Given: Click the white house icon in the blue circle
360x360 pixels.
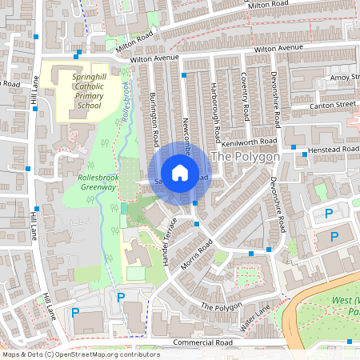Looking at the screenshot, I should coord(180,173).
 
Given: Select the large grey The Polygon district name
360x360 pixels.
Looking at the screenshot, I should coord(245,157).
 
